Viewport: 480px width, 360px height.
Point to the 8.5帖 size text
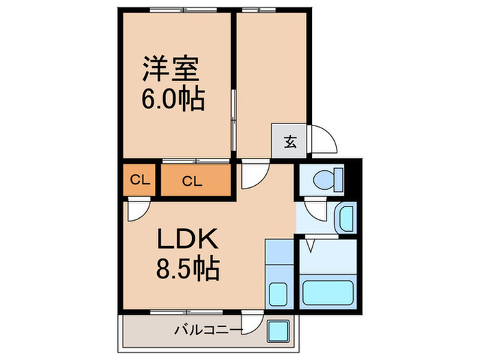(x=188, y=269)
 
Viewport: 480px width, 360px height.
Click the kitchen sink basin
(x=278, y=296)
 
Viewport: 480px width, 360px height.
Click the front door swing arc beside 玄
(x=322, y=141)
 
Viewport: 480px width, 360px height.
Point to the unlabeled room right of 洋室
(x=269, y=82)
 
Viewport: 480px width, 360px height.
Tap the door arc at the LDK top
(x=252, y=173)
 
